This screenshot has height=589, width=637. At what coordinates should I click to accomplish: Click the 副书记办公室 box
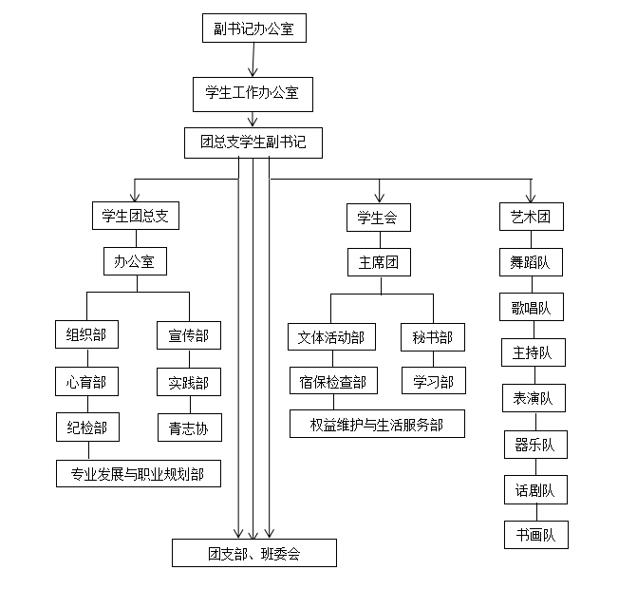click(x=253, y=29)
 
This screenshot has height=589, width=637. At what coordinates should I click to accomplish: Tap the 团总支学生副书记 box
click(x=253, y=143)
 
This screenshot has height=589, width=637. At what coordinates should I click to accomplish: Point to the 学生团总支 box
click(x=135, y=216)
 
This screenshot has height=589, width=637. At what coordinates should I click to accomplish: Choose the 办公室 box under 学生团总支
click(x=135, y=261)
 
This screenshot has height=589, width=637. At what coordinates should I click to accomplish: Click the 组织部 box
click(x=86, y=334)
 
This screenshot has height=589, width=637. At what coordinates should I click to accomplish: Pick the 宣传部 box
click(x=189, y=334)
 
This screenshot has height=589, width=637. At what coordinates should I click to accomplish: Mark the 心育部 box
click(x=86, y=382)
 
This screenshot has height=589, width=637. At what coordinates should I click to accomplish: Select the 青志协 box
click(x=189, y=427)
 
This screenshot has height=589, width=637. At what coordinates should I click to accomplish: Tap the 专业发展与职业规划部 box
click(x=139, y=472)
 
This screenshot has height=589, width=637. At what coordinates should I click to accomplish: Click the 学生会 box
click(x=378, y=218)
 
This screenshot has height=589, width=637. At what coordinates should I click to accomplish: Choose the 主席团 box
click(x=378, y=262)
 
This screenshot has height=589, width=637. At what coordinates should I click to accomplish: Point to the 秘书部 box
click(x=433, y=336)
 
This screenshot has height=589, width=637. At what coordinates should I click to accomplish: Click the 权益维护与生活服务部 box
click(x=377, y=424)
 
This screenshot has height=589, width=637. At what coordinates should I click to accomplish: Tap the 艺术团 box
click(x=531, y=217)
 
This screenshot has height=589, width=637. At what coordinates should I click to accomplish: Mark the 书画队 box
click(x=535, y=534)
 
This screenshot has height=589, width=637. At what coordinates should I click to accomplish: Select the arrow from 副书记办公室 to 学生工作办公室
click(x=253, y=60)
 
